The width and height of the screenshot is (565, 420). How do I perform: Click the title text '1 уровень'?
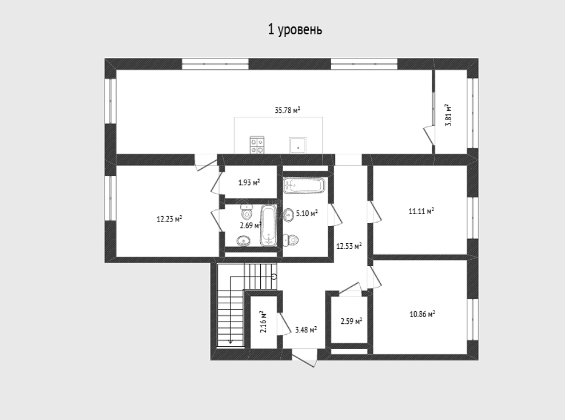(295, 30)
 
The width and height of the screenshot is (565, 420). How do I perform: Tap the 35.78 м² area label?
(288, 110)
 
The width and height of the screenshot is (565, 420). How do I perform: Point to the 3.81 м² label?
(448, 115)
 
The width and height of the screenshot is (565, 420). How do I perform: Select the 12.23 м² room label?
(169, 219)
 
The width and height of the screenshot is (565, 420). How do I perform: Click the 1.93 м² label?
(249, 183)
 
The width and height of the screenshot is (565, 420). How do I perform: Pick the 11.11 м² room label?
(421, 211)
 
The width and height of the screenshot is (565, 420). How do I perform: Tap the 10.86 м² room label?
(422, 314)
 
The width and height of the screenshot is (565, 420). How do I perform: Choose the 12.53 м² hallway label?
(349, 246)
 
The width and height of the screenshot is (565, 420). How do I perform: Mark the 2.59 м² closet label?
(351, 320)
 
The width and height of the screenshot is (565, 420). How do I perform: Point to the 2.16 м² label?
(263, 322)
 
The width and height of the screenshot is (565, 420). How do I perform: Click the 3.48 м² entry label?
(306, 329)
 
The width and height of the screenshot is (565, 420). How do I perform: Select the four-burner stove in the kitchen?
(257, 145)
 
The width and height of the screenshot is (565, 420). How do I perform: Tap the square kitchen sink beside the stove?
(298, 146)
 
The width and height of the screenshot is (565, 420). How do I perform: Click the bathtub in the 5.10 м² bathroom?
(304, 185)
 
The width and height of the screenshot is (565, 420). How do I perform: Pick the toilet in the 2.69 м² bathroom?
(246, 213)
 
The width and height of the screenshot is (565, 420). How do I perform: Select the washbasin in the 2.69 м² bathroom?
(244, 240)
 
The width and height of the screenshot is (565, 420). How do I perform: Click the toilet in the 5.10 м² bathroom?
(291, 240)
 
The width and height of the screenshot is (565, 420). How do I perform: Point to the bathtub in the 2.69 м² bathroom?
(268, 226)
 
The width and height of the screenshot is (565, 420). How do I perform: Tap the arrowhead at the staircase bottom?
(230, 342)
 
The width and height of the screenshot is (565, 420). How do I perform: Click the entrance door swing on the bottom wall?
(305, 360)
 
